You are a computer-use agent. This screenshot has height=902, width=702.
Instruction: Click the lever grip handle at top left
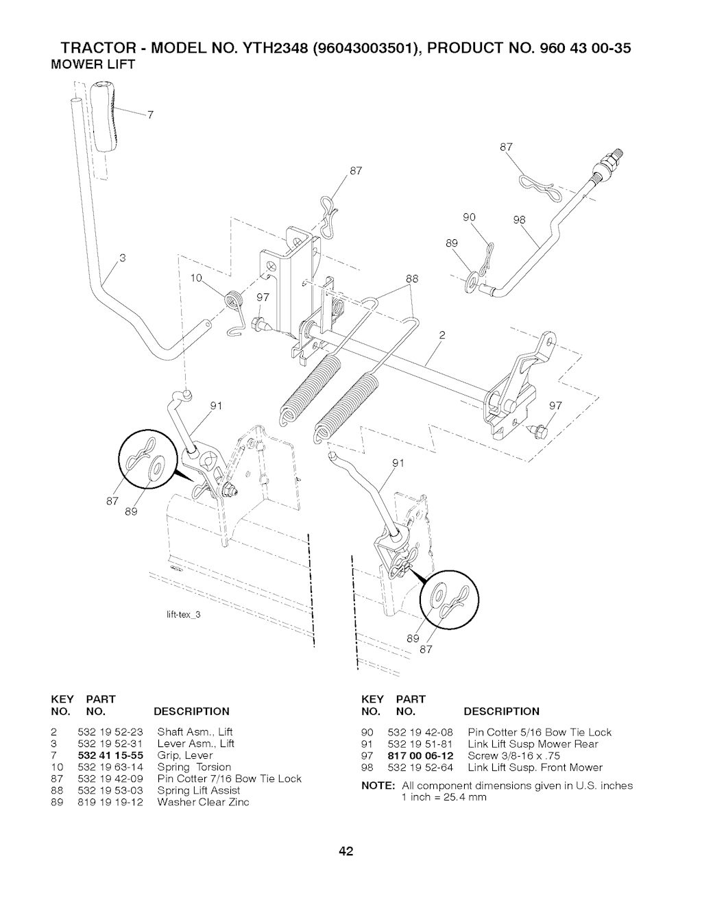click(104, 117)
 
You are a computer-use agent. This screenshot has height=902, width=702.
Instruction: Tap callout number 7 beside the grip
click(150, 115)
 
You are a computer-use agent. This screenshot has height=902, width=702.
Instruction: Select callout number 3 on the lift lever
click(123, 258)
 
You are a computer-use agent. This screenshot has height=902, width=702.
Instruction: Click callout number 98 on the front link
click(520, 220)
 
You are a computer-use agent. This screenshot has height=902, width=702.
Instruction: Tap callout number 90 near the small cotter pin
click(469, 217)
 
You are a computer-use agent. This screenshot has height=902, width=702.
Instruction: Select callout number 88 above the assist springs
click(412, 278)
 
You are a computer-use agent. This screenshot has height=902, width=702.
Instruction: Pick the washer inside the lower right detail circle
click(438, 597)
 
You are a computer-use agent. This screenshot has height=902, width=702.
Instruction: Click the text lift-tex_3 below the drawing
click(184, 614)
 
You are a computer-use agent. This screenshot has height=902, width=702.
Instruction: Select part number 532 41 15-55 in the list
click(110, 755)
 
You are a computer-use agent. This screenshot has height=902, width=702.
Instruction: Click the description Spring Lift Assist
click(198, 790)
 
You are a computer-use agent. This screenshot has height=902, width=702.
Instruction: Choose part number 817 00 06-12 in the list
click(420, 755)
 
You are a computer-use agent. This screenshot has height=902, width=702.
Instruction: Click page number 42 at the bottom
click(346, 851)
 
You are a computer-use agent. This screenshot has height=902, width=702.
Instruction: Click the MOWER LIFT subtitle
click(93, 64)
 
